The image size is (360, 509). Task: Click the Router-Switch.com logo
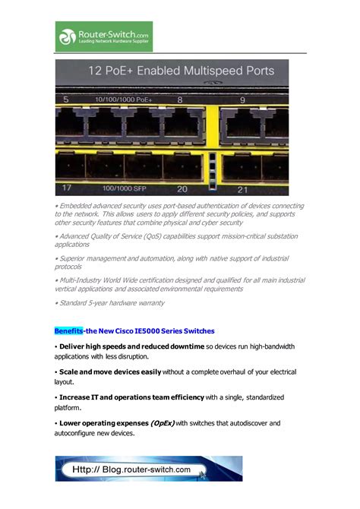coord(103,36)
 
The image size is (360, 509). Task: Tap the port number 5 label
coord(66,100)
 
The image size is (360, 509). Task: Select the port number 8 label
coord(179,100)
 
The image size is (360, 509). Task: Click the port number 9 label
coord(242,100)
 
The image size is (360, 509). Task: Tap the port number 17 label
coord(68,188)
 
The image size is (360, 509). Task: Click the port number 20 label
coord(182,188)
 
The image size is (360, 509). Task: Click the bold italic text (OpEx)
coord(162,422)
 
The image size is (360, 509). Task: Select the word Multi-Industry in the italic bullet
coord(83,280)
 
